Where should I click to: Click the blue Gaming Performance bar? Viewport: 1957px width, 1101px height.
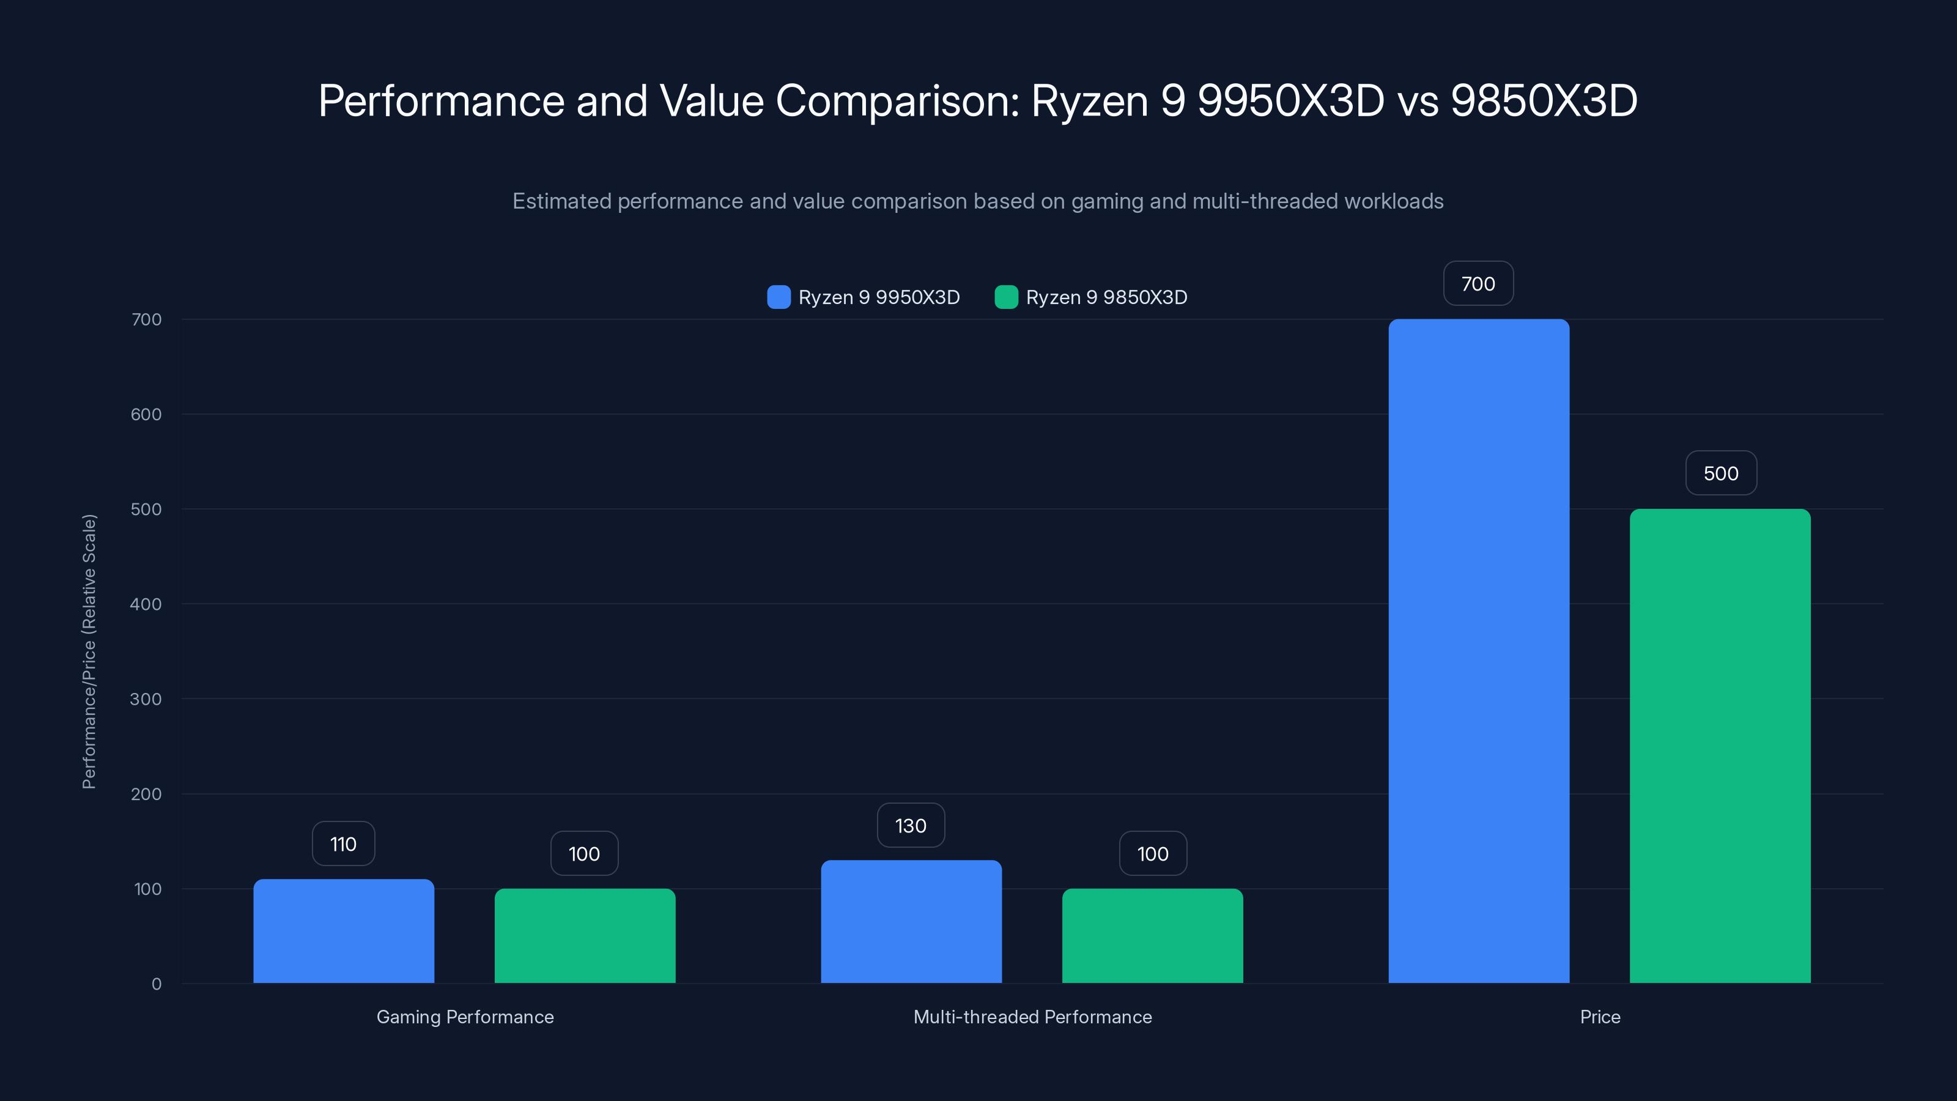click(x=343, y=931)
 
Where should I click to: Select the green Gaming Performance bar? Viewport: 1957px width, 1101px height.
click(x=584, y=935)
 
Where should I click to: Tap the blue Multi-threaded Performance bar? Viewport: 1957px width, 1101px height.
click(x=911, y=921)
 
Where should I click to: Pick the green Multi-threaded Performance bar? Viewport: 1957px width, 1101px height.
click(x=1152, y=935)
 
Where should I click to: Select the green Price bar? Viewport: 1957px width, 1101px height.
click(x=1720, y=746)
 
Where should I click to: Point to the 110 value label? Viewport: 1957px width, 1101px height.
click(x=343, y=843)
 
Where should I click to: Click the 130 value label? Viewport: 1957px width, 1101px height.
click(x=911, y=825)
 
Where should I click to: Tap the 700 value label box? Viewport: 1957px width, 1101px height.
click(x=1478, y=283)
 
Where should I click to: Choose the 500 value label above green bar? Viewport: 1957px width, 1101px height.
click(x=1721, y=473)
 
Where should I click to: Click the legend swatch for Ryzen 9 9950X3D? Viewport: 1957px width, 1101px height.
click(x=779, y=297)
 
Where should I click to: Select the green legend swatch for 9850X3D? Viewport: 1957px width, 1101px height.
click(x=1006, y=297)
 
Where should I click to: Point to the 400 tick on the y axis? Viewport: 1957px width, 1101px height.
click(x=146, y=604)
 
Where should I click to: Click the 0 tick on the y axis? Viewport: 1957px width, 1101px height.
click(x=157, y=984)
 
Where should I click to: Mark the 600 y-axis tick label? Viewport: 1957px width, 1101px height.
click(x=146, y=414)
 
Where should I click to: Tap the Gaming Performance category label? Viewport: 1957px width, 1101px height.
click(x=465, y=1017)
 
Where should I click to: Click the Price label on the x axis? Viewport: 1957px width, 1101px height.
click(x=1600, y=1017)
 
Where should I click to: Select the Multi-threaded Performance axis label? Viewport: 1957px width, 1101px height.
click(x=1032, y=1017)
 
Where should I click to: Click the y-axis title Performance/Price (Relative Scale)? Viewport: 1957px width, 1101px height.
click(x=89, y=651)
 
